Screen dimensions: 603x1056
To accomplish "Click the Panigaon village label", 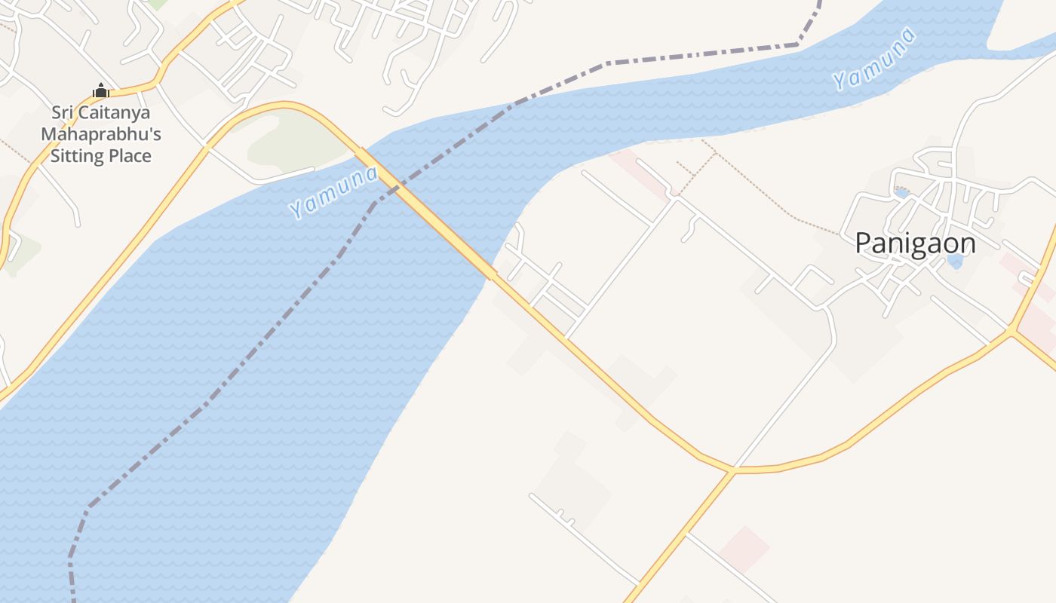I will (x=915, y=243).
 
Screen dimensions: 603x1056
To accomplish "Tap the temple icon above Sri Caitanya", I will (x=100, y=91).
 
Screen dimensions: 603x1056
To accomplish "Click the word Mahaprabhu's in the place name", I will (x=100, y=134).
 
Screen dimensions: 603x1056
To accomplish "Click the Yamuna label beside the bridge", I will (x=333, y=192).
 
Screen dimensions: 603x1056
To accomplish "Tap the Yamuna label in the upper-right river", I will (x=874, y=59).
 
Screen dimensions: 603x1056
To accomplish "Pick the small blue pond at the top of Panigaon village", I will (x=901, y=193).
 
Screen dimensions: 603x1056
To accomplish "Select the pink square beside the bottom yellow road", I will (x=744, y=548).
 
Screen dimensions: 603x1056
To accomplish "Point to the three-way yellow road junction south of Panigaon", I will (x=732, y=470).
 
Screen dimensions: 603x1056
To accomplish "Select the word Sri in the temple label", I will (x=63, y=113).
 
